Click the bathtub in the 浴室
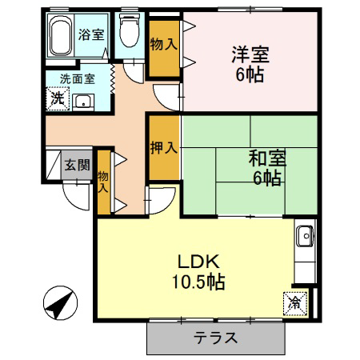[61, 35]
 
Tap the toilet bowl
[130, 30]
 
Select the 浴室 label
[91, 34]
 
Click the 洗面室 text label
[78, 79]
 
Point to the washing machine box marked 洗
[58, 98]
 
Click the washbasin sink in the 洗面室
[83, 102]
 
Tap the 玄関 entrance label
[77, 165]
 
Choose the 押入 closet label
[164, 147]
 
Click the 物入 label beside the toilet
[164, 44]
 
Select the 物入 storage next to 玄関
[103, 182]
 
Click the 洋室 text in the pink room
[250, 54]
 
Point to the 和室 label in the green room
[267, 158]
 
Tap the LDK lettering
[198, 262]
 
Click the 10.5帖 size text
[198, 282]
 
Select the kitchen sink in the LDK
[306, 236]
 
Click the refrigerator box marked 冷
[295, 304]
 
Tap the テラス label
[215, 338]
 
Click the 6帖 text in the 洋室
[250, 74]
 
